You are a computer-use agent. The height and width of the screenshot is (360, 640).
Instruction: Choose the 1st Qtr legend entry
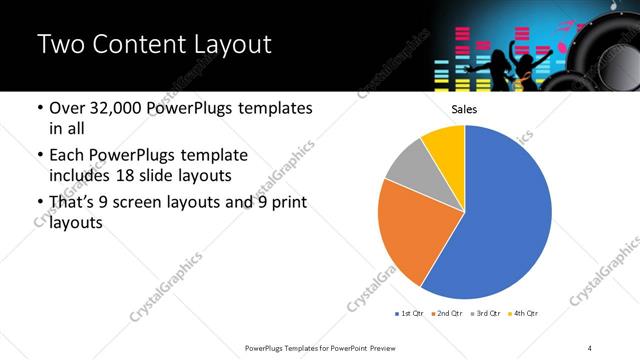pos(411,314)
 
